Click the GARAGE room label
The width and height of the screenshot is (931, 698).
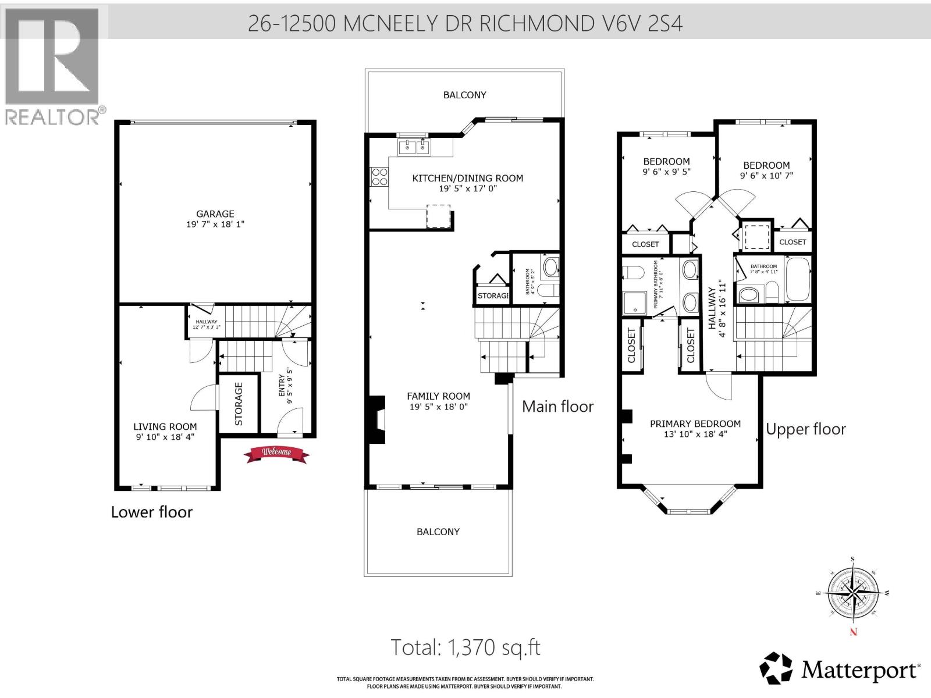[215, 214]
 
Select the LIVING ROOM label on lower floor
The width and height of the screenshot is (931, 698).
[165, 426]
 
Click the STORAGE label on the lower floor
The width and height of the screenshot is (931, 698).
[239, 404]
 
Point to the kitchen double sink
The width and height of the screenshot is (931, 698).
[414, 147]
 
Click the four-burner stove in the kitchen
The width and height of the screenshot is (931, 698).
[379, 177]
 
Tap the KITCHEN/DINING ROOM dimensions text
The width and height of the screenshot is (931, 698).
[467, 188]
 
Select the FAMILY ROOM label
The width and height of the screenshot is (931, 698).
[438, 396]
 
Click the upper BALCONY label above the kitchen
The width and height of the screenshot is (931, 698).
[464, 95]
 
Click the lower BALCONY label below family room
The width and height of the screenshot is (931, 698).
[438, 532]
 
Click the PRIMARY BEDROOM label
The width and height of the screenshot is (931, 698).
[695, 424]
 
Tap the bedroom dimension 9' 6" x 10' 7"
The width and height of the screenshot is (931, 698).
[766, 176]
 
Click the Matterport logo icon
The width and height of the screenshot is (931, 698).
[776, 669]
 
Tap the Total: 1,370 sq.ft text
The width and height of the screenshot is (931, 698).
[465, 647]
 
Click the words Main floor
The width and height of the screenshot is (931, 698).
[557, 406]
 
